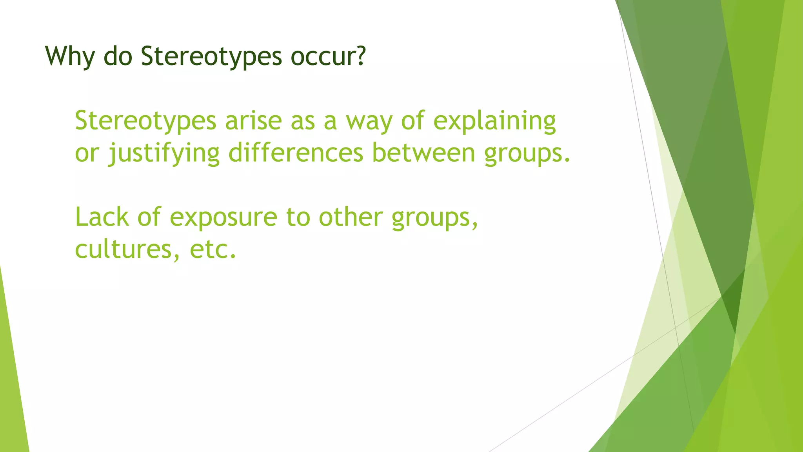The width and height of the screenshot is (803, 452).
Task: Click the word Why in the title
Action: (70, 56)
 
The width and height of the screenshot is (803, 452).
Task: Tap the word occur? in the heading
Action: (328, 56)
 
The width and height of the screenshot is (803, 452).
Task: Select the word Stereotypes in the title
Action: (211, 56)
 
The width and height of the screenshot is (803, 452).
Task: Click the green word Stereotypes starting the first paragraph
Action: (145, 120)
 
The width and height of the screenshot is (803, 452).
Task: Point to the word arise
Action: (253, 120)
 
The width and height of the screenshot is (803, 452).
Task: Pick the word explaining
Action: (494, 120)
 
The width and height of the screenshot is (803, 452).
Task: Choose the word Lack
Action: (102, 217)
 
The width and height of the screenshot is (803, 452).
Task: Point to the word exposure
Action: (223, 217)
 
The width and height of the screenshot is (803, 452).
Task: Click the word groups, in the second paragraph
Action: (435, 217)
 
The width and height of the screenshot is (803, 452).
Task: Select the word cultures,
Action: (128, 249)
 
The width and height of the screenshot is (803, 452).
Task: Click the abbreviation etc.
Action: (213, 249)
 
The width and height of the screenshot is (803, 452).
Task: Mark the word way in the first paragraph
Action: (369, 120)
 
